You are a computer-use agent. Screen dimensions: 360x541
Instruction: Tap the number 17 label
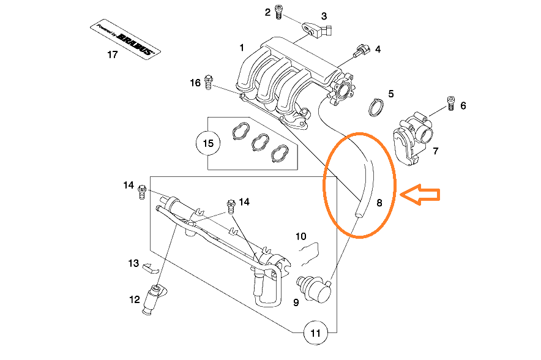coord(112,54)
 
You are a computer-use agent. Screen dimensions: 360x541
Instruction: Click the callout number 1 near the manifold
coord(242,47)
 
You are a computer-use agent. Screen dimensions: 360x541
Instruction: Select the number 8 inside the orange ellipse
coord(379,202)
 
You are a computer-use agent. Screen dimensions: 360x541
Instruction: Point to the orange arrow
coord(421,194)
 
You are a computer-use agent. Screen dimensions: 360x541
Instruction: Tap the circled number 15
coord(208,143)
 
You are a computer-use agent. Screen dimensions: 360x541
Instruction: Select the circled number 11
coord(316,334)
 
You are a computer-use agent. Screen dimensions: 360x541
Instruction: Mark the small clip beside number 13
coord(151,267)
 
